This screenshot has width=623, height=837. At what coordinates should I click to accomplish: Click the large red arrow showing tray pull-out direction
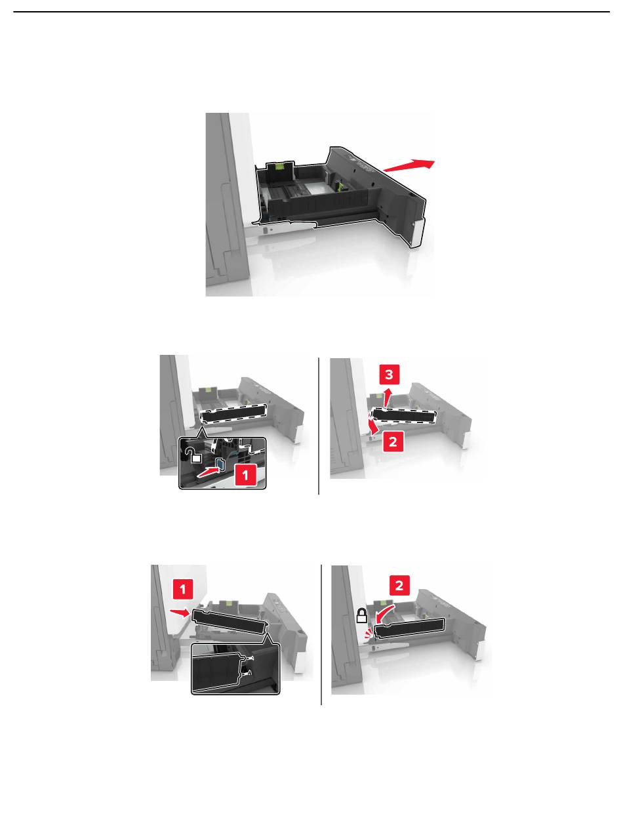coord(409,166)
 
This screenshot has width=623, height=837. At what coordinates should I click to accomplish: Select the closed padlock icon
coord(362,615)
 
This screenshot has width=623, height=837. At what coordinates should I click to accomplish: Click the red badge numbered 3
coord(389,375)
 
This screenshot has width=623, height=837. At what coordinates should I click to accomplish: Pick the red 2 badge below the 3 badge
coord(393,441)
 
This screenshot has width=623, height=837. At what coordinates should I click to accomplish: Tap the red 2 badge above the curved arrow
coord(399,585)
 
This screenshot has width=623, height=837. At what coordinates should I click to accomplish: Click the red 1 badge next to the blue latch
coord(245,475)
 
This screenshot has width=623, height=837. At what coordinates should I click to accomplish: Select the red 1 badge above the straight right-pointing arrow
coord(183,590)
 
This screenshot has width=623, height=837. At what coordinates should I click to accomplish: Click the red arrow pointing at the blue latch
coord(209,472)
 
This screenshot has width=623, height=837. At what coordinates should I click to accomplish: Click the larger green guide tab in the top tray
coord(279,165)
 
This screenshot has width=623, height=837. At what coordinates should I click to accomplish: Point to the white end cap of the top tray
coord(418,233)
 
